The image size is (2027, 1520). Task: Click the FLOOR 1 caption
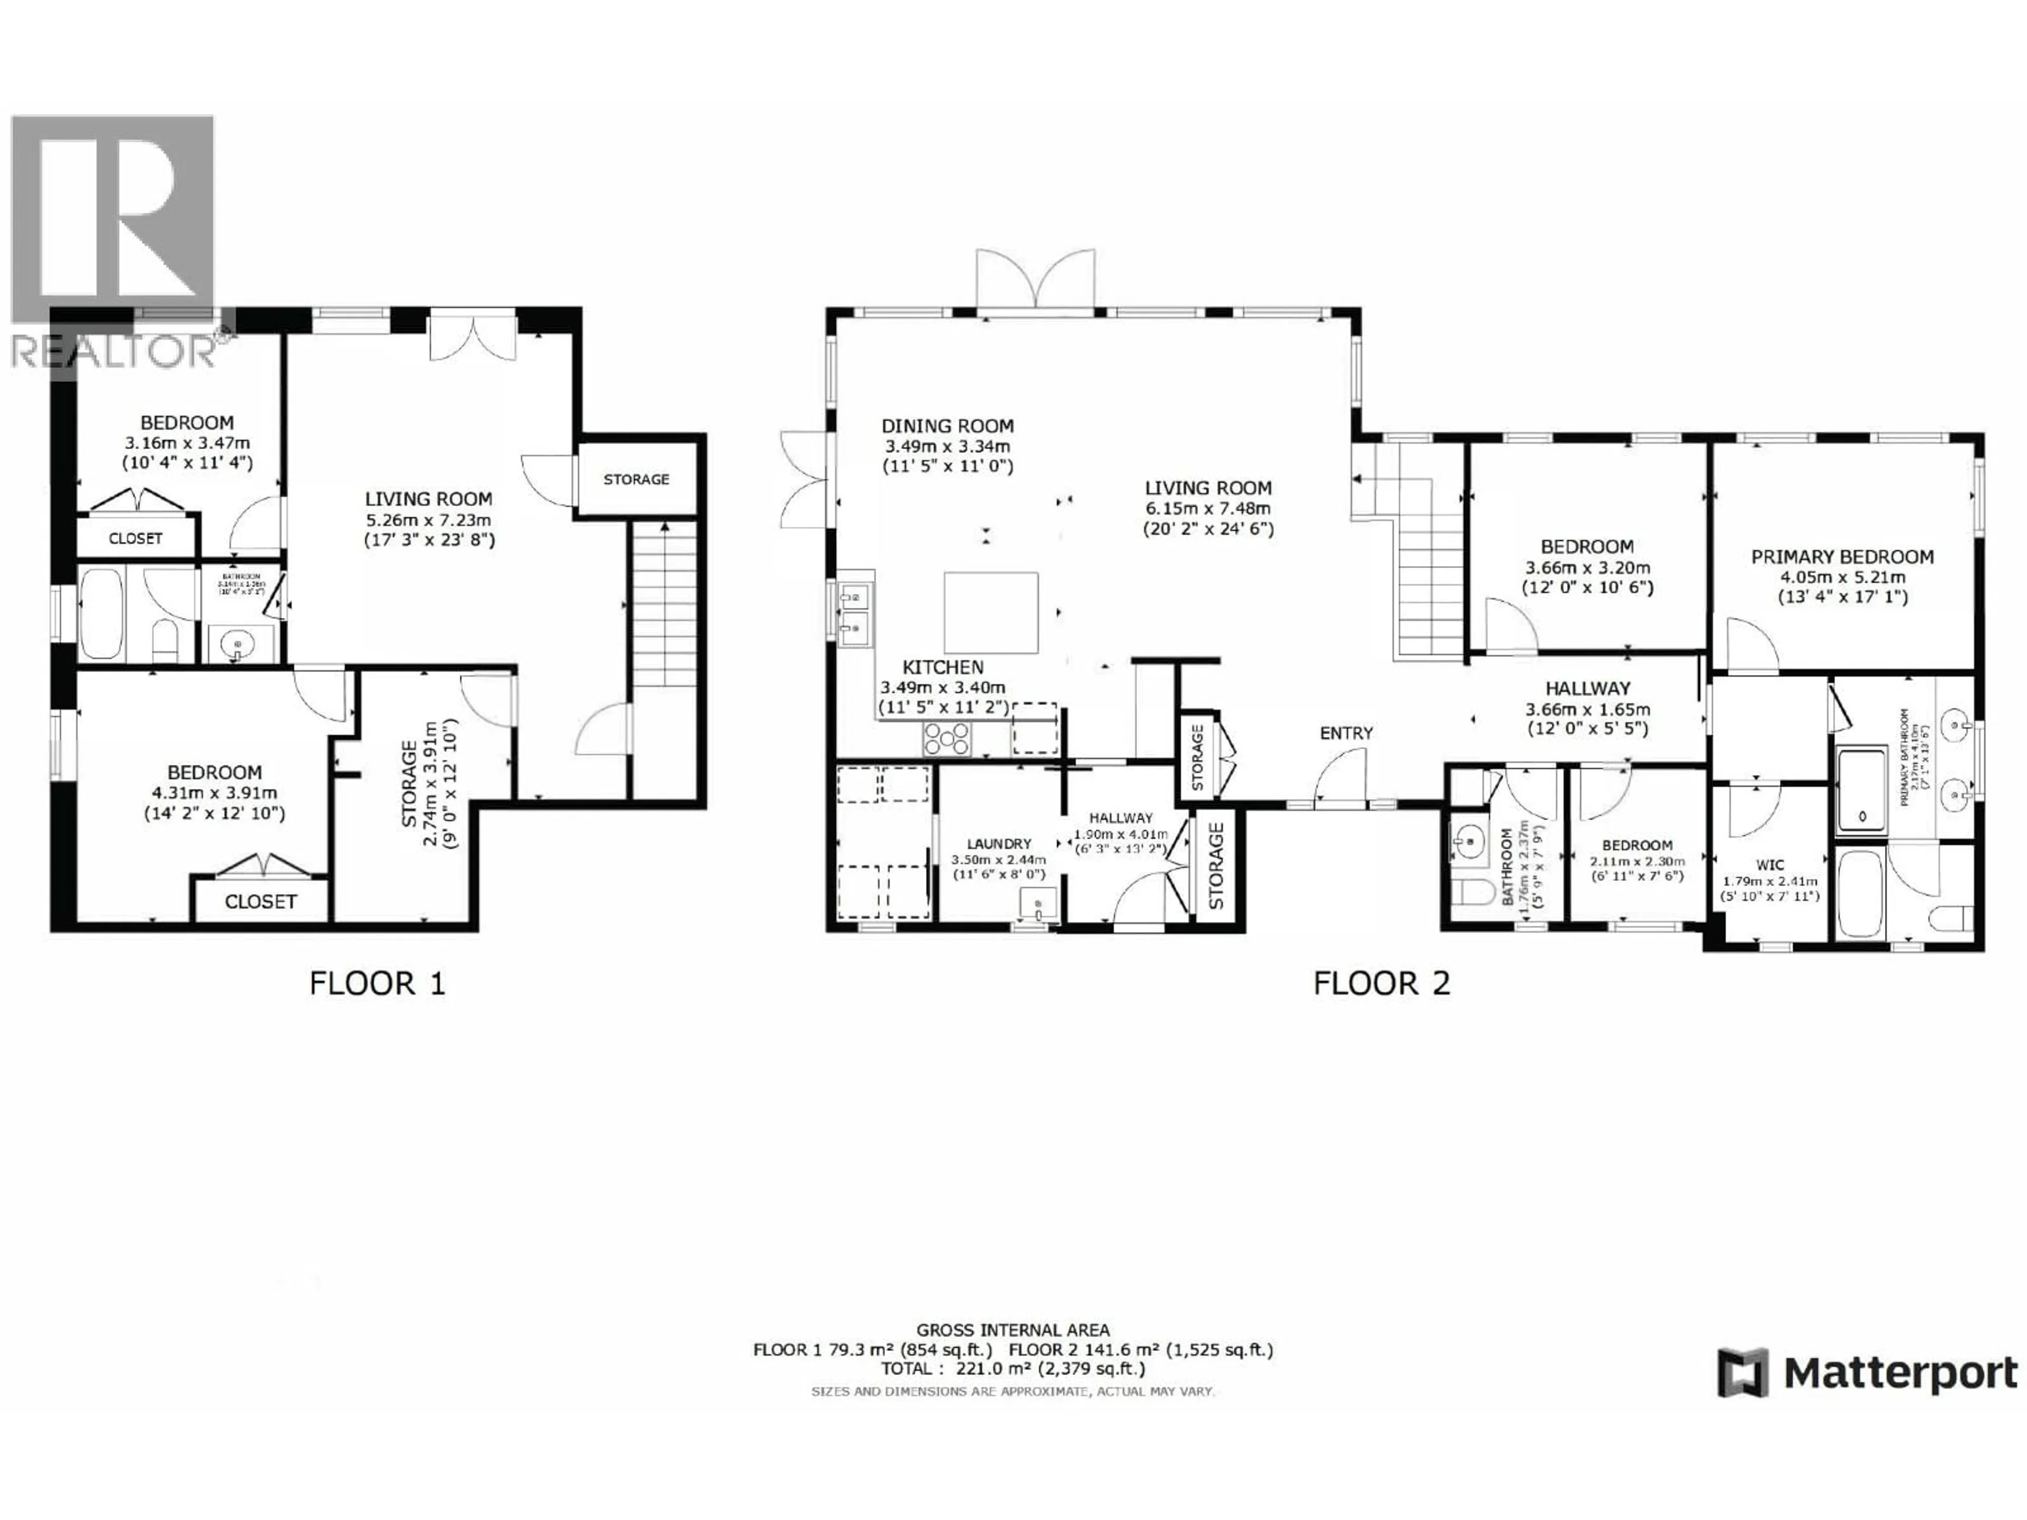coord(376,983)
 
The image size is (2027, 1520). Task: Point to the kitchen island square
coord(991,612)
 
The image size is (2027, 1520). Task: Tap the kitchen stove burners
coord(946,738)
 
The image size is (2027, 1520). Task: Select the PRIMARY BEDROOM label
coord(1842,557)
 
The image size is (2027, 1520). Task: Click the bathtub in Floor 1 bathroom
coord(101,613)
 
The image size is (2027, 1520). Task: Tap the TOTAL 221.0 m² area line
coord(1012,1369)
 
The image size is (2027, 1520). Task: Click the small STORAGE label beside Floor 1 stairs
coord(636,479)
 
